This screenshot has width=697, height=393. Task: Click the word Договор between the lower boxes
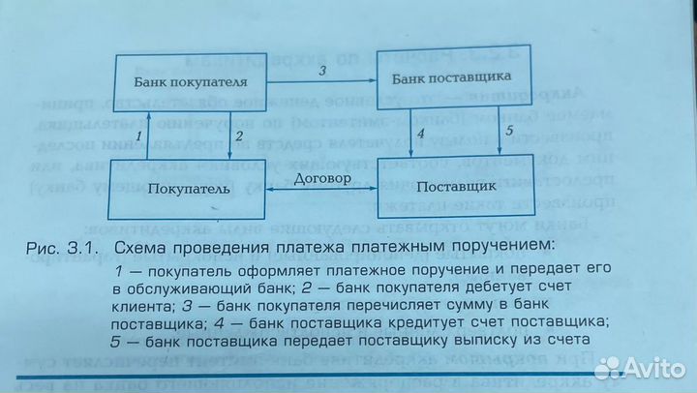click(322, 179)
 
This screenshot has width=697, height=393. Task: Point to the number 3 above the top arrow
click(322, 71)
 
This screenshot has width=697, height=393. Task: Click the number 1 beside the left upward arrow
click(139, 136)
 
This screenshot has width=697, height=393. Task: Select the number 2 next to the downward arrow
click(240, 136)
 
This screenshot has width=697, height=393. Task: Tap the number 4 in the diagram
click(420, 133)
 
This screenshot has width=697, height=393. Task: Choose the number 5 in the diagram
click(509, 131)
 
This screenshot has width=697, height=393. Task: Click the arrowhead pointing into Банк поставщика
click(373, 80)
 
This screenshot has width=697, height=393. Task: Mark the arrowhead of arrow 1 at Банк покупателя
click(149, 115)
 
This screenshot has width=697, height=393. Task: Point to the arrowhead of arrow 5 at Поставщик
click(500, 150)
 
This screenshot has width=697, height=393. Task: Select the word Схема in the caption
click(139, 247)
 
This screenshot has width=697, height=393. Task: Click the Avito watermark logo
click(640, 368)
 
